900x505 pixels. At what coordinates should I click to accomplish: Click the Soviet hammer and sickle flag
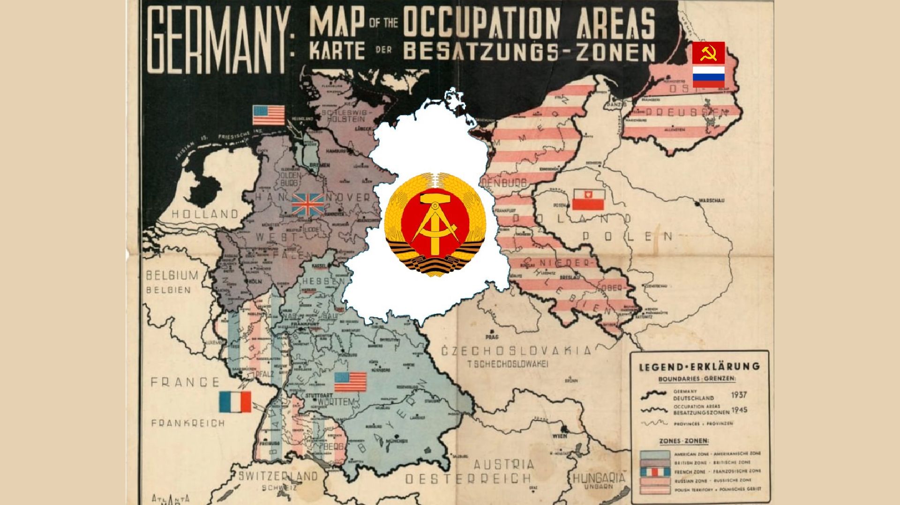pyautogui.click(x=708, y=52)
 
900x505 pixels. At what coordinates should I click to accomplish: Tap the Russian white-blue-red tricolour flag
pyautogui.click(x=708, y=76)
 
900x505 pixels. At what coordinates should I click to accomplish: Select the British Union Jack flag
pyautogui.click(x=307, y=205)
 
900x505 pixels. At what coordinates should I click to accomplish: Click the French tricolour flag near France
pyautogui.click(x=235, y=402)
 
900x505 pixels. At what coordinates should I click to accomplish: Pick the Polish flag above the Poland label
pyautogui.click(x=588, y=200)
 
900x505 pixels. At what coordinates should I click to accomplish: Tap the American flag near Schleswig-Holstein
pyautogui.click(x=269, y=115)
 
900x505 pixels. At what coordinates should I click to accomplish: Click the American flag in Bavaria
pyautogui.click(x=350, y=382)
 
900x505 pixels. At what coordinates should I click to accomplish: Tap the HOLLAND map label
pyautogui.click(x=205, y=214)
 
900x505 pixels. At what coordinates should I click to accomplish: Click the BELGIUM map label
pyautogui.click(x=172, y=275)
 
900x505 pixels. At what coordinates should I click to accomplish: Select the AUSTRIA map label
pyautogui.click(x=503, y=464)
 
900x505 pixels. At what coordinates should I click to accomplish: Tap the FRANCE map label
pyautogui.click(x=185, y=382)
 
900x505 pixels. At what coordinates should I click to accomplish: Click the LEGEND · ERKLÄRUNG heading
pyautogui.click(x=699, y=366)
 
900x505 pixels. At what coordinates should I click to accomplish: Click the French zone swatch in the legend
pyautogui.click(x=655, y=471)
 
